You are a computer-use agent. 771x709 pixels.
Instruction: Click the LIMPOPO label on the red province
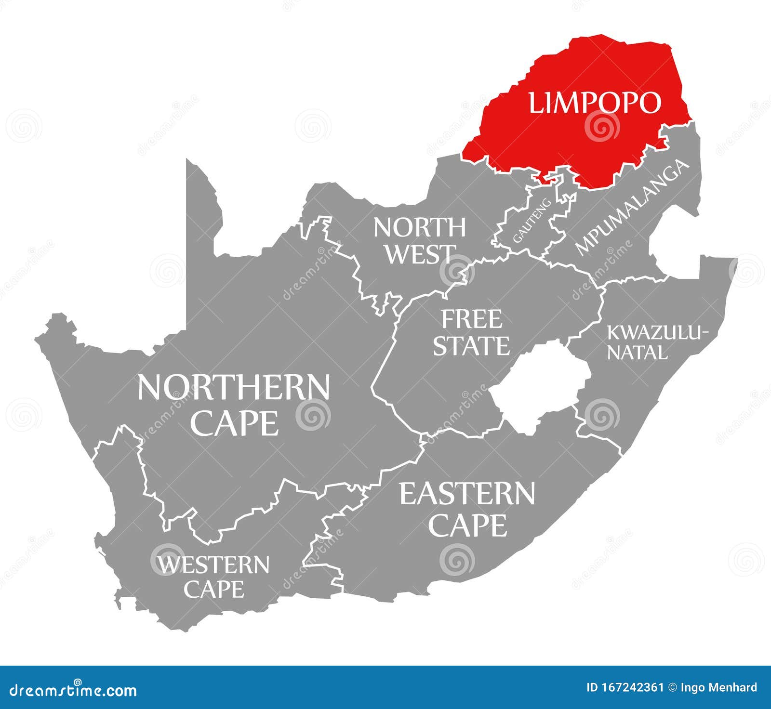(595, 103)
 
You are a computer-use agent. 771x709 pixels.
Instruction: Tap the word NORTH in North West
(419, 227)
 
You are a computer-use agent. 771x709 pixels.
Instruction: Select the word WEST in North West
(420, 254)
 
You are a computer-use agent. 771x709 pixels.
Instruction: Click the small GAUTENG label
(532, 221)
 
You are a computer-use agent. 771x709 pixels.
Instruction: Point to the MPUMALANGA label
(631, 207)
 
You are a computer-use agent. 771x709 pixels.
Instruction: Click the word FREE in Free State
(472, 319)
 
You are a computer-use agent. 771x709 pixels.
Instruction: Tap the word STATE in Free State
(471, 346)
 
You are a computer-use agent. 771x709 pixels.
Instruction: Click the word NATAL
(637, 353)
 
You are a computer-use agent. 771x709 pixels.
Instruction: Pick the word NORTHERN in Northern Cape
(234, 388)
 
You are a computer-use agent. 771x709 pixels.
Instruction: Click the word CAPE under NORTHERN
(235, 423)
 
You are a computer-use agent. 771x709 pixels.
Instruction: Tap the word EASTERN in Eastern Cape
(467, 494)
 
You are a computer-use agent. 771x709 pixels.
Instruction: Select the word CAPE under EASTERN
(467, 525)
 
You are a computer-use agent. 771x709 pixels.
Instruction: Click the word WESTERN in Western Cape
(213, 565)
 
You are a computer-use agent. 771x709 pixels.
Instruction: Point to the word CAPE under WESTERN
(214, 589)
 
